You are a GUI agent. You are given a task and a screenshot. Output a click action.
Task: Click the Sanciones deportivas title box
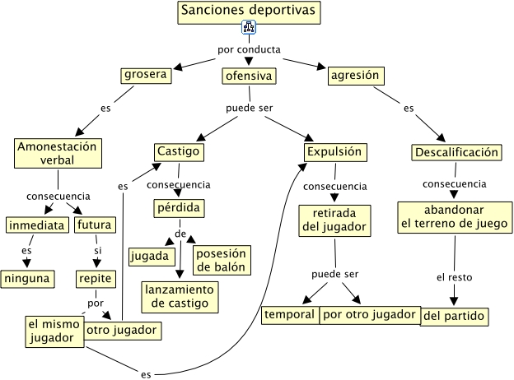click(249, 12)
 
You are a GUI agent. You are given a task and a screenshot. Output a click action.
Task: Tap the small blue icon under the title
click(249, 27)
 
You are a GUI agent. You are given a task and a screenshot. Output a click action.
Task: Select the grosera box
click(146, 76)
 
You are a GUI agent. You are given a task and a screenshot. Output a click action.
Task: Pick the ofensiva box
click(249, 76)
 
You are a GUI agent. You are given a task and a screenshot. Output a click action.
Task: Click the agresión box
click(356, 76)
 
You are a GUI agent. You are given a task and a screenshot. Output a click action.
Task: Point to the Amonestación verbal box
click(58, 153)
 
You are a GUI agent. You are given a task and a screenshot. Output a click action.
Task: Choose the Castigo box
click(179, 152)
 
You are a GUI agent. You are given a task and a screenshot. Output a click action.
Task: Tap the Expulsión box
click(335, 152)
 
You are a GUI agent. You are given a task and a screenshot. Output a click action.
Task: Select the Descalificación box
click(456, 152)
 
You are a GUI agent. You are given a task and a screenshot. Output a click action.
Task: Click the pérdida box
click(179, 208)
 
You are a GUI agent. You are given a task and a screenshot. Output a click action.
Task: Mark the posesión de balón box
click(222, 260)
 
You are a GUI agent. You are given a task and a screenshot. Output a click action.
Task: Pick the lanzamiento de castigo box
click(180, 297)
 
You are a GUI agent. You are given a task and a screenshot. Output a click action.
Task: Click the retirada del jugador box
click(334, 220)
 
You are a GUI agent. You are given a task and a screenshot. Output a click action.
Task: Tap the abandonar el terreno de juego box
click(455, 217)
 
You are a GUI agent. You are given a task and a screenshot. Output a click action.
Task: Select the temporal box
click(290, 315)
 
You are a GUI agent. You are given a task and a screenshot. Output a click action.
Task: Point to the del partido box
click(455, 317)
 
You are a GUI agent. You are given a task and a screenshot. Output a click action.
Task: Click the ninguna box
click(27, 279)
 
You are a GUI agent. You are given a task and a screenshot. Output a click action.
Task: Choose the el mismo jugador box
click(54, 331)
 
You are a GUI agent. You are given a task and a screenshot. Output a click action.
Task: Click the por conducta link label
click(249, 49)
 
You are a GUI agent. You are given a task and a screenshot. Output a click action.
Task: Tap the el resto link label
click(455, 277)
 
